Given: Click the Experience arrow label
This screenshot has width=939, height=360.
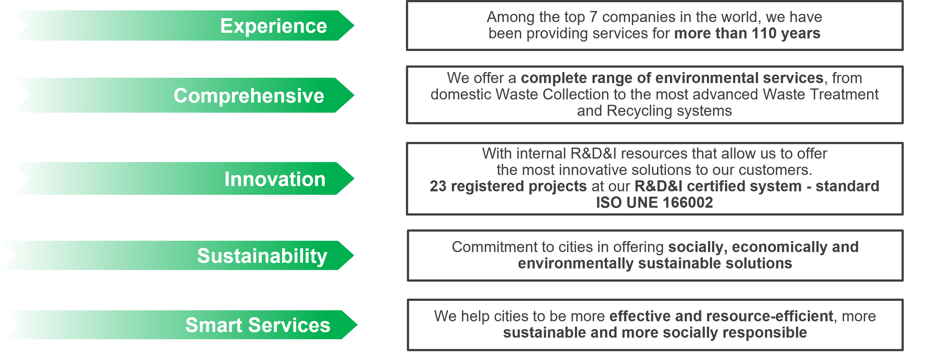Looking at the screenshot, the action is [x=273, y=26].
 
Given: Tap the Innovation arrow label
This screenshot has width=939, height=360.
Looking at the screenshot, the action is [x=275, y=179].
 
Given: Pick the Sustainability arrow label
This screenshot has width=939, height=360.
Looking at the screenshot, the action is [x=262, y=256].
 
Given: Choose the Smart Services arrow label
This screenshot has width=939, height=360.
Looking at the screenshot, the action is [x=258, y=325].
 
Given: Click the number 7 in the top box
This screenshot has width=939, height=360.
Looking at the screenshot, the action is [x=593, y=17].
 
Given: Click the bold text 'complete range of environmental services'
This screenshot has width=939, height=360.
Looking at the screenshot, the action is [x=672, y=78].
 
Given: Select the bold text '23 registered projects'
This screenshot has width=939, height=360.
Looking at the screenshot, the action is [x=508, y=187].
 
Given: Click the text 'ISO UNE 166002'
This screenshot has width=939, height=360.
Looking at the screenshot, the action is [x=654, y=203].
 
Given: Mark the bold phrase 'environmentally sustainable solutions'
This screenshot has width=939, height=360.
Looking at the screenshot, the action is [x=655, y=263].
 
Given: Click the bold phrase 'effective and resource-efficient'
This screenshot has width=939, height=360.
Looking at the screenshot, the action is [x=721, y=316].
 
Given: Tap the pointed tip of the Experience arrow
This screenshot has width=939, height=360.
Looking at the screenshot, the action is [x=354, y=25].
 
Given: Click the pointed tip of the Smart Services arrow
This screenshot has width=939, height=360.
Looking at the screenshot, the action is [x=357, y=325].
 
